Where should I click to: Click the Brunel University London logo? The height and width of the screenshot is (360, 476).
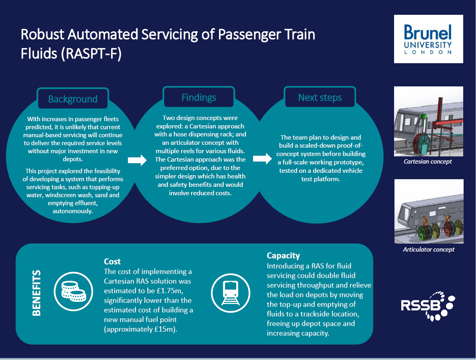coord(428,39)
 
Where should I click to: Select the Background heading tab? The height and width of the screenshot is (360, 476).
coord(73,98)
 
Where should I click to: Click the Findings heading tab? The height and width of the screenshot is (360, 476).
coord(199,97)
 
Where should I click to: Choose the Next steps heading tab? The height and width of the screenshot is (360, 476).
coord(320,97)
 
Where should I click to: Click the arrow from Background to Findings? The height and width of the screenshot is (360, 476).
coord(137,160)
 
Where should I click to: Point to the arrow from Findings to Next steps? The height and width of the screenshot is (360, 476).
coord(262,158)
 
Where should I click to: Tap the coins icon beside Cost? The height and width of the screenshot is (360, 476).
coord(74,291)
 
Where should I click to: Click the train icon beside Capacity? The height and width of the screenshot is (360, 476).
coord(231,293)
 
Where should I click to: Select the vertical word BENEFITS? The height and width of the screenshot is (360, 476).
coord(36,293)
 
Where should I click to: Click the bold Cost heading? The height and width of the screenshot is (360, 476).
coord(112,261)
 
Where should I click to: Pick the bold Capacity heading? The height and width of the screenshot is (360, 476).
coord(283,256)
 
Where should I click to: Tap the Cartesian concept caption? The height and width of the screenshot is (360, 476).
coord(428,162)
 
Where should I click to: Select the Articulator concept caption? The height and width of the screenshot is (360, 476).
coord(429,250)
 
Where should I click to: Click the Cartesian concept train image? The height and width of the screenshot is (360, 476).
coord(429,121)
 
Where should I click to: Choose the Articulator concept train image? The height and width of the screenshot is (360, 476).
coord(429,212)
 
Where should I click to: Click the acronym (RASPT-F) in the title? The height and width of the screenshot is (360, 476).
coord(91,54)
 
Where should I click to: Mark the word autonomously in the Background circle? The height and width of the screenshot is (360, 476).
coord(73,211)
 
